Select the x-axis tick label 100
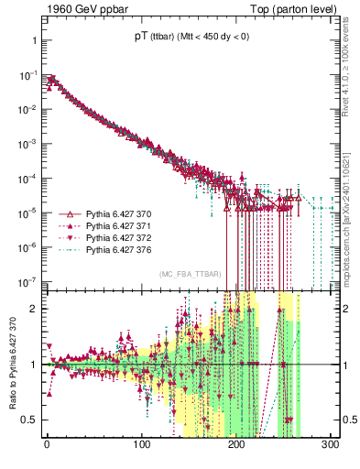click(x=141, y=445)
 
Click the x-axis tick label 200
click(x=236, y=445)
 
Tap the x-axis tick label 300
click(x=331, y=445)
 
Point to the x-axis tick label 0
click(x=47, y=445)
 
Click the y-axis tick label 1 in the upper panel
click(x=32, y=41)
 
